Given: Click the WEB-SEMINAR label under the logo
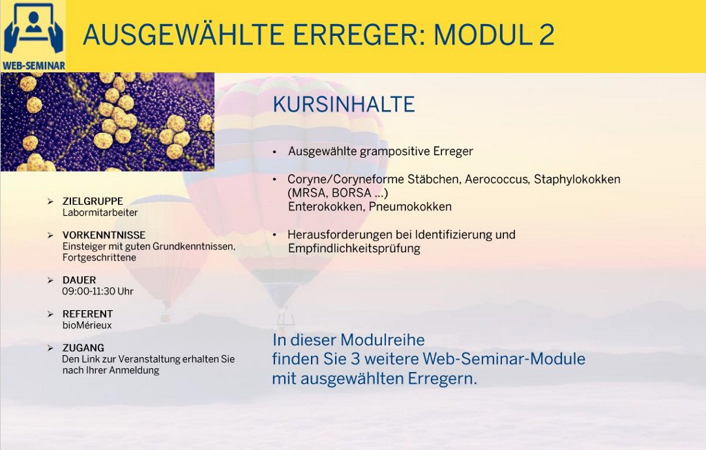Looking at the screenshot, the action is (34, 65).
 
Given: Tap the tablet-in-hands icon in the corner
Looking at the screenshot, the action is (33, 29).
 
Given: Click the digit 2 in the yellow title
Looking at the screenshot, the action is (546, 34).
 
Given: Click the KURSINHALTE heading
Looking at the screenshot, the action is (343, 104).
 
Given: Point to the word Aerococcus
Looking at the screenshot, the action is (496, 179).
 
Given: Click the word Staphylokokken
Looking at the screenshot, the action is (577, 179).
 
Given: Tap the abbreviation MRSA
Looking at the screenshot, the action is (307, 193).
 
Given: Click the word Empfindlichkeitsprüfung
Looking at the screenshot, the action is (354, 248).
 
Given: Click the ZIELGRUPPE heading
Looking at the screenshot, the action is (93, 201).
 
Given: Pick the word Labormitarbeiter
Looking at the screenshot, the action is (100, 212).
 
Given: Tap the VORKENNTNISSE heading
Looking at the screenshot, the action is (104, 235).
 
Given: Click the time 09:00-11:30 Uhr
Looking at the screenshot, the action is (98, 291).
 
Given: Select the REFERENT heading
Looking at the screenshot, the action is (88, 314).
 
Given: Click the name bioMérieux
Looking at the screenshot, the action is (87, 325).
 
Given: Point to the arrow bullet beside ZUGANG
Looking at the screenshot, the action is (50, 348).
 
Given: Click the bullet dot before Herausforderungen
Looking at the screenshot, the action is (274, 235).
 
